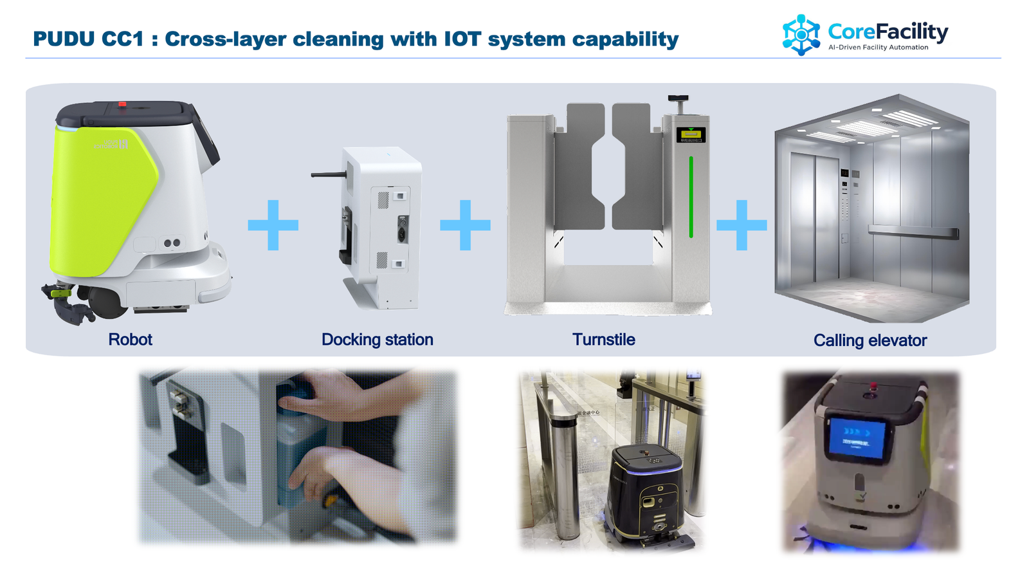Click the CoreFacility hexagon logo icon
pos(801,35)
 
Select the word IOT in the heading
pos(462,39)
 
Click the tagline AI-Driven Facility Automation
pos(878,48)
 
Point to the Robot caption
pos(130,340)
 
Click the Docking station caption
pos(377,340)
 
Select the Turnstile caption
pos(603,340)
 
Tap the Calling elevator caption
pos(870,340)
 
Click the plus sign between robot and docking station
pos(273,225)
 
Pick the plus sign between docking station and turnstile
pos(465,225)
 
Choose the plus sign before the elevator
pos(742,225)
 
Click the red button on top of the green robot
pos(122,104)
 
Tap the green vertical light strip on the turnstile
pos(691,197)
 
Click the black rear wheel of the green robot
pos(105,301)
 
